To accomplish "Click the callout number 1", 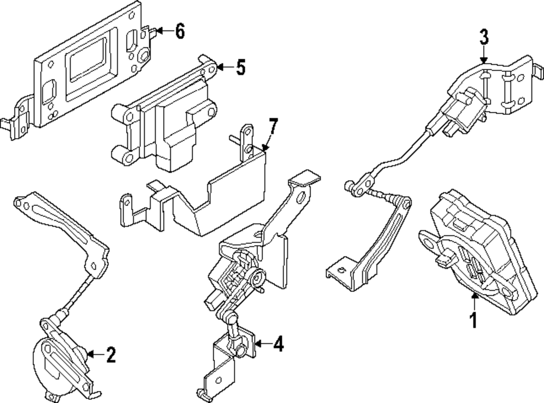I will click(x=473, y=320).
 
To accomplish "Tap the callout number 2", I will click(x=111, y=355).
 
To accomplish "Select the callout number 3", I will click(x=484, y=38).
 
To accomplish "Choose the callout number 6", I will click(x=179, y=32).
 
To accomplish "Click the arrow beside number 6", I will click(x=163, y=32).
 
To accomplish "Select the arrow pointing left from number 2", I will click(x=95, y=355).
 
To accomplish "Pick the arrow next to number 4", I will click(x=262, y=344).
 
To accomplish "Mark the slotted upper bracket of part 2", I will click(x=60, y=223).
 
